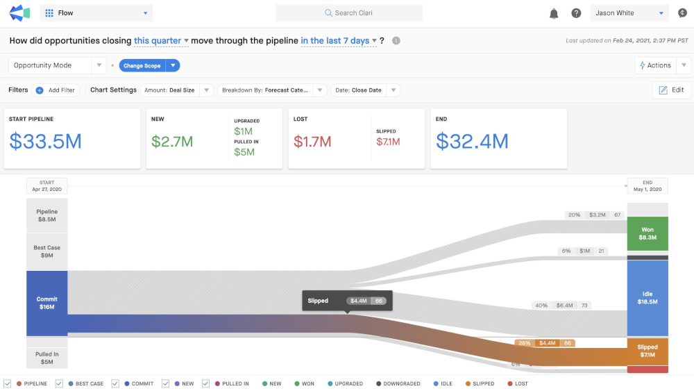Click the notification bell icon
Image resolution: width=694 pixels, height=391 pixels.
[x=554, y=13]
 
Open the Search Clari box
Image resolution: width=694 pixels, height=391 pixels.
[x=349, y=13]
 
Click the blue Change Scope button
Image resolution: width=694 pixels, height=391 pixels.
[x=142, y=65]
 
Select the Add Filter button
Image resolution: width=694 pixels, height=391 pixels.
[x=56, y=90]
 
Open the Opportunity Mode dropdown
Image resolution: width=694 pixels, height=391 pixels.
[x=57, y=65]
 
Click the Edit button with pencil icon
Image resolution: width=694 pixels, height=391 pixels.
[x=671, y=90]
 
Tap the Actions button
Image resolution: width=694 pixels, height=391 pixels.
[x=655, y=65]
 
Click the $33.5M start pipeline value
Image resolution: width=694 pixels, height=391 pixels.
[x=46, y=141]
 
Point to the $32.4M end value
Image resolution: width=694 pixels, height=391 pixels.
[x=472, y=141]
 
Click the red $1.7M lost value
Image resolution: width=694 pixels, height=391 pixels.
[x=312, y=142]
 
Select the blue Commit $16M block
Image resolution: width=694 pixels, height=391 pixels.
[x=47, y=303]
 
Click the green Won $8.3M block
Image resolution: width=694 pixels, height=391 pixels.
[x=648, y=234]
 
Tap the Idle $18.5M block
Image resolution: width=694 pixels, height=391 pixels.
[x=648, y=298]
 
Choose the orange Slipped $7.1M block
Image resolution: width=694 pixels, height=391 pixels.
[x=648, y=351]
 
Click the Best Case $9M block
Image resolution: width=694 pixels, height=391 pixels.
[x=47, y=251]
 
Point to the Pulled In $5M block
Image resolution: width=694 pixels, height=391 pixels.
[x=47, y=358]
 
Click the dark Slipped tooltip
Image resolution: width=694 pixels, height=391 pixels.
[x=348, y=301]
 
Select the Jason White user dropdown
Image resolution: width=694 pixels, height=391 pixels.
[x=629, y=13]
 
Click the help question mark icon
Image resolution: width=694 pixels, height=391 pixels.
[x=576, y=13]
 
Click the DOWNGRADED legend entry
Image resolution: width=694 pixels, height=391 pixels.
[x=398, y=384]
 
